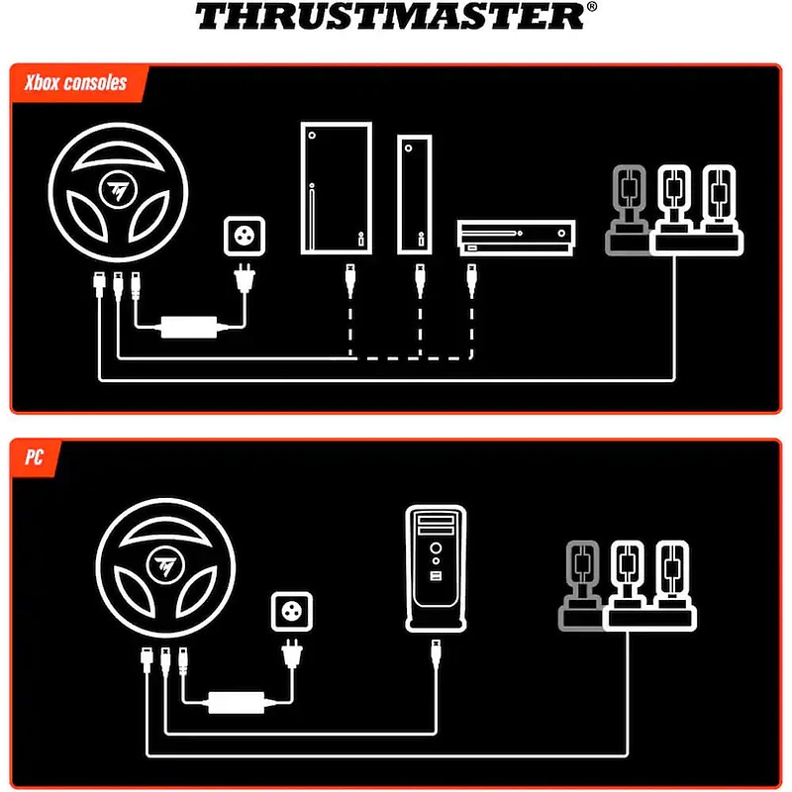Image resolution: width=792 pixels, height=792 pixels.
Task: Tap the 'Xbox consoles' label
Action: click(76, 83)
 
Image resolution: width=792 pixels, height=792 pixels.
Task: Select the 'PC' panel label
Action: click(34, 457)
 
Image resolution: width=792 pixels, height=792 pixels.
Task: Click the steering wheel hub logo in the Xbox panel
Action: click(118, 190)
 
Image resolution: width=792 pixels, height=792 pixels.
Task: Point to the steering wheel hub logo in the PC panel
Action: click(165, 565)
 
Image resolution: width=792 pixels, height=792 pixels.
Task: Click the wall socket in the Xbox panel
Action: click(245, 236)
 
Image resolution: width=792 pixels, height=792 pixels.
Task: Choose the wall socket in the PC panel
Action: click(291, 611)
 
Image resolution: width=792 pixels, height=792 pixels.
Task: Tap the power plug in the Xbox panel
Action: click(245, 278)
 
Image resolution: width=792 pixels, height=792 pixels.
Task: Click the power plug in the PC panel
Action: click(291, 653)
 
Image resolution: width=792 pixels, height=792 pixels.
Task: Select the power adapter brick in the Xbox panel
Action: click(189, 327)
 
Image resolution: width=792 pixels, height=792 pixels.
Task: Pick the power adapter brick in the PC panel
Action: click(237, 703)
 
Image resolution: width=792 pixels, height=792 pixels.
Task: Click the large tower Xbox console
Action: click(337, 188)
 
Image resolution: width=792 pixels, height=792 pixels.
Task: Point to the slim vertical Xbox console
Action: click(414, 194)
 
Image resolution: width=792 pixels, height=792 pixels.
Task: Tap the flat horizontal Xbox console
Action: click(516, 238)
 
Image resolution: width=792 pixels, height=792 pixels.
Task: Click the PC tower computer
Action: click(436, 567)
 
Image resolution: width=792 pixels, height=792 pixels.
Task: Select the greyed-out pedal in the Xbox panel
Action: click(628, 210)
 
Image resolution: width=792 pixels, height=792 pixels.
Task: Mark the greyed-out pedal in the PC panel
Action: click(581, 585)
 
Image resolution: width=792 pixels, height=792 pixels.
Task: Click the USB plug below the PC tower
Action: click(436, 654)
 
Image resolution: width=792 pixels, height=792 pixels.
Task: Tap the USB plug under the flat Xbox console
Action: click(472, 279)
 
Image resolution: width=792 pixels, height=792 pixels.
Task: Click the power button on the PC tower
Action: click(436, 548)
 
